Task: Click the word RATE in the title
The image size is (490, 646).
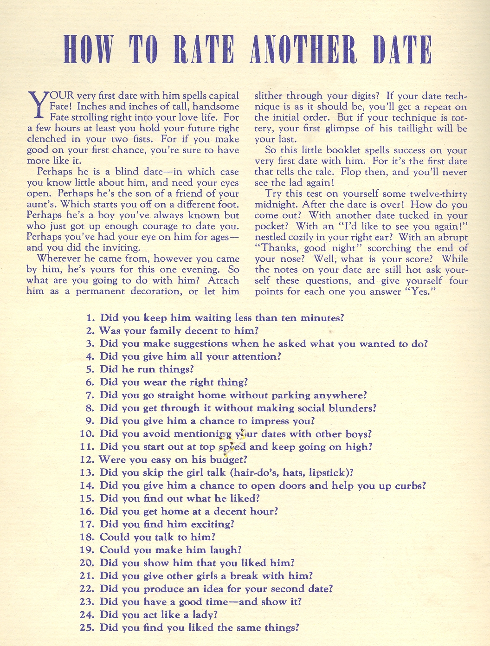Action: coord(203,49)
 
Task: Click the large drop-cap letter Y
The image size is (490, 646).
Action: coord(37,106)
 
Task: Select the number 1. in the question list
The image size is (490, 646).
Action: coord(90,318)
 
